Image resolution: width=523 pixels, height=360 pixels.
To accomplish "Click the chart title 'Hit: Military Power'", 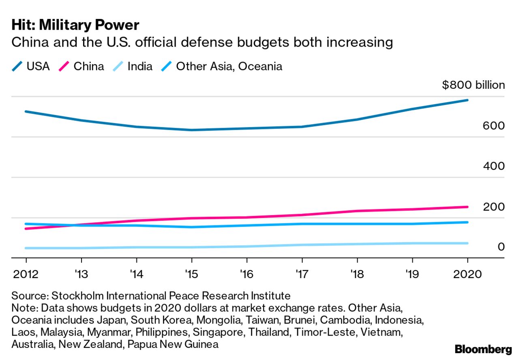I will click(75, 25).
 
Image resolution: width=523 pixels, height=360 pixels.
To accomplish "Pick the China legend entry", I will click(81, 66).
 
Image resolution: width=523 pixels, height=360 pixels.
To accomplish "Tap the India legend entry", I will click(133, 66).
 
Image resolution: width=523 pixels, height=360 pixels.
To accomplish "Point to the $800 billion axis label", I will click(473, 85).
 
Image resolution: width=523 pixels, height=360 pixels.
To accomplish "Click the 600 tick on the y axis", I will click(493, 126).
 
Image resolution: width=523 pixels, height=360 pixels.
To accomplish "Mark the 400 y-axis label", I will click(493, 166).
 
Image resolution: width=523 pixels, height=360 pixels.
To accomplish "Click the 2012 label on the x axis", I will click(26, 274).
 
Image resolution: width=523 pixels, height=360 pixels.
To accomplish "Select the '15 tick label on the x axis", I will click(191, 274).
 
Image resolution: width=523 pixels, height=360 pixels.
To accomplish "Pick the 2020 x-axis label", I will click(467, 274).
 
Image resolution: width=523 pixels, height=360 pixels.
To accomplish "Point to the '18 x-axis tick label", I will click(357, 274).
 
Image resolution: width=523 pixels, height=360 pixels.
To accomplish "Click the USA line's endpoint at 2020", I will click(467, 100).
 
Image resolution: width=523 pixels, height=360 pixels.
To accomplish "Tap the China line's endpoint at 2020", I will click(467, 207).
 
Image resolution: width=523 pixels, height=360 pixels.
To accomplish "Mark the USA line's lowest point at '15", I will click(191, 130).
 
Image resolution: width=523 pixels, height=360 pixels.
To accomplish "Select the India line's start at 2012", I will click(26, 248).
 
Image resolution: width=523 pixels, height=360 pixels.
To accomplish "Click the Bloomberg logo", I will click(483, 349).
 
